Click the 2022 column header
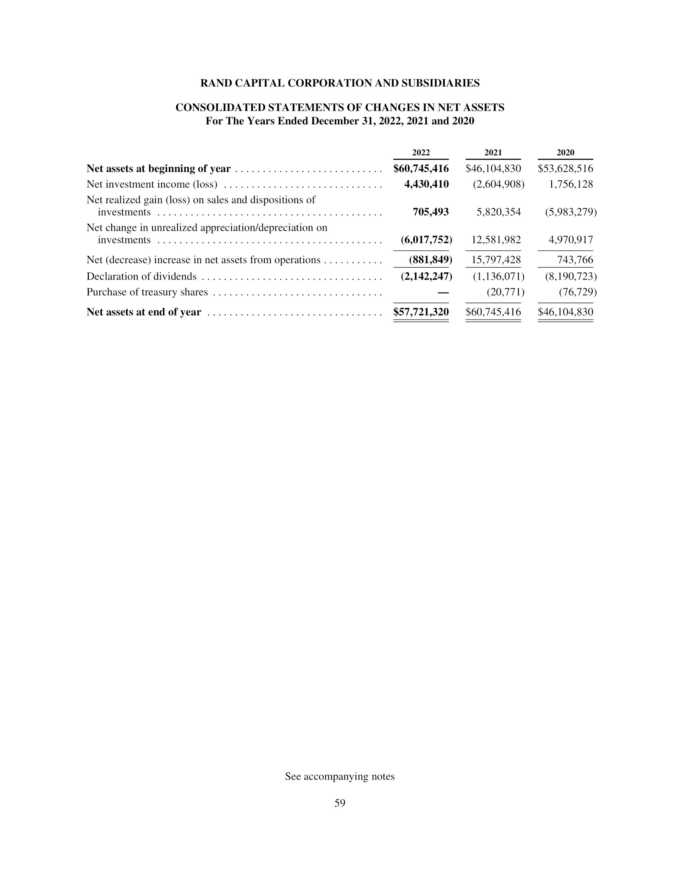click(x=420, y=153)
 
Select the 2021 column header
click(x=493, y=153)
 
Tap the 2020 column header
click(x=565, y=153)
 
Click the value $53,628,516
click(x=565, y=168)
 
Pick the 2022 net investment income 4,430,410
click(x=426, y=184)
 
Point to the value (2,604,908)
click(x=498, y=184)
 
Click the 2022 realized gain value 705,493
click(x=430, y=212)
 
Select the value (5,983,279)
click(x=571, y=212)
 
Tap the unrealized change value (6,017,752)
click(x=426, y=240)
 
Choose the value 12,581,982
click(x=496, y=240)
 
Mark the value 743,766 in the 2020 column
click(x=575, y=260)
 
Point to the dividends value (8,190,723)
click(x=571, y=276)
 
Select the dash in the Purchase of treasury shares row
click(x=443, y=292)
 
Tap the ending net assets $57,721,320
click(x=421, y=312)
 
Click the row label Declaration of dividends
click(x=141, y=276)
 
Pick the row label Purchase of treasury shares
click(x=147, y=292)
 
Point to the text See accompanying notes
click(x=340, y=776)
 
